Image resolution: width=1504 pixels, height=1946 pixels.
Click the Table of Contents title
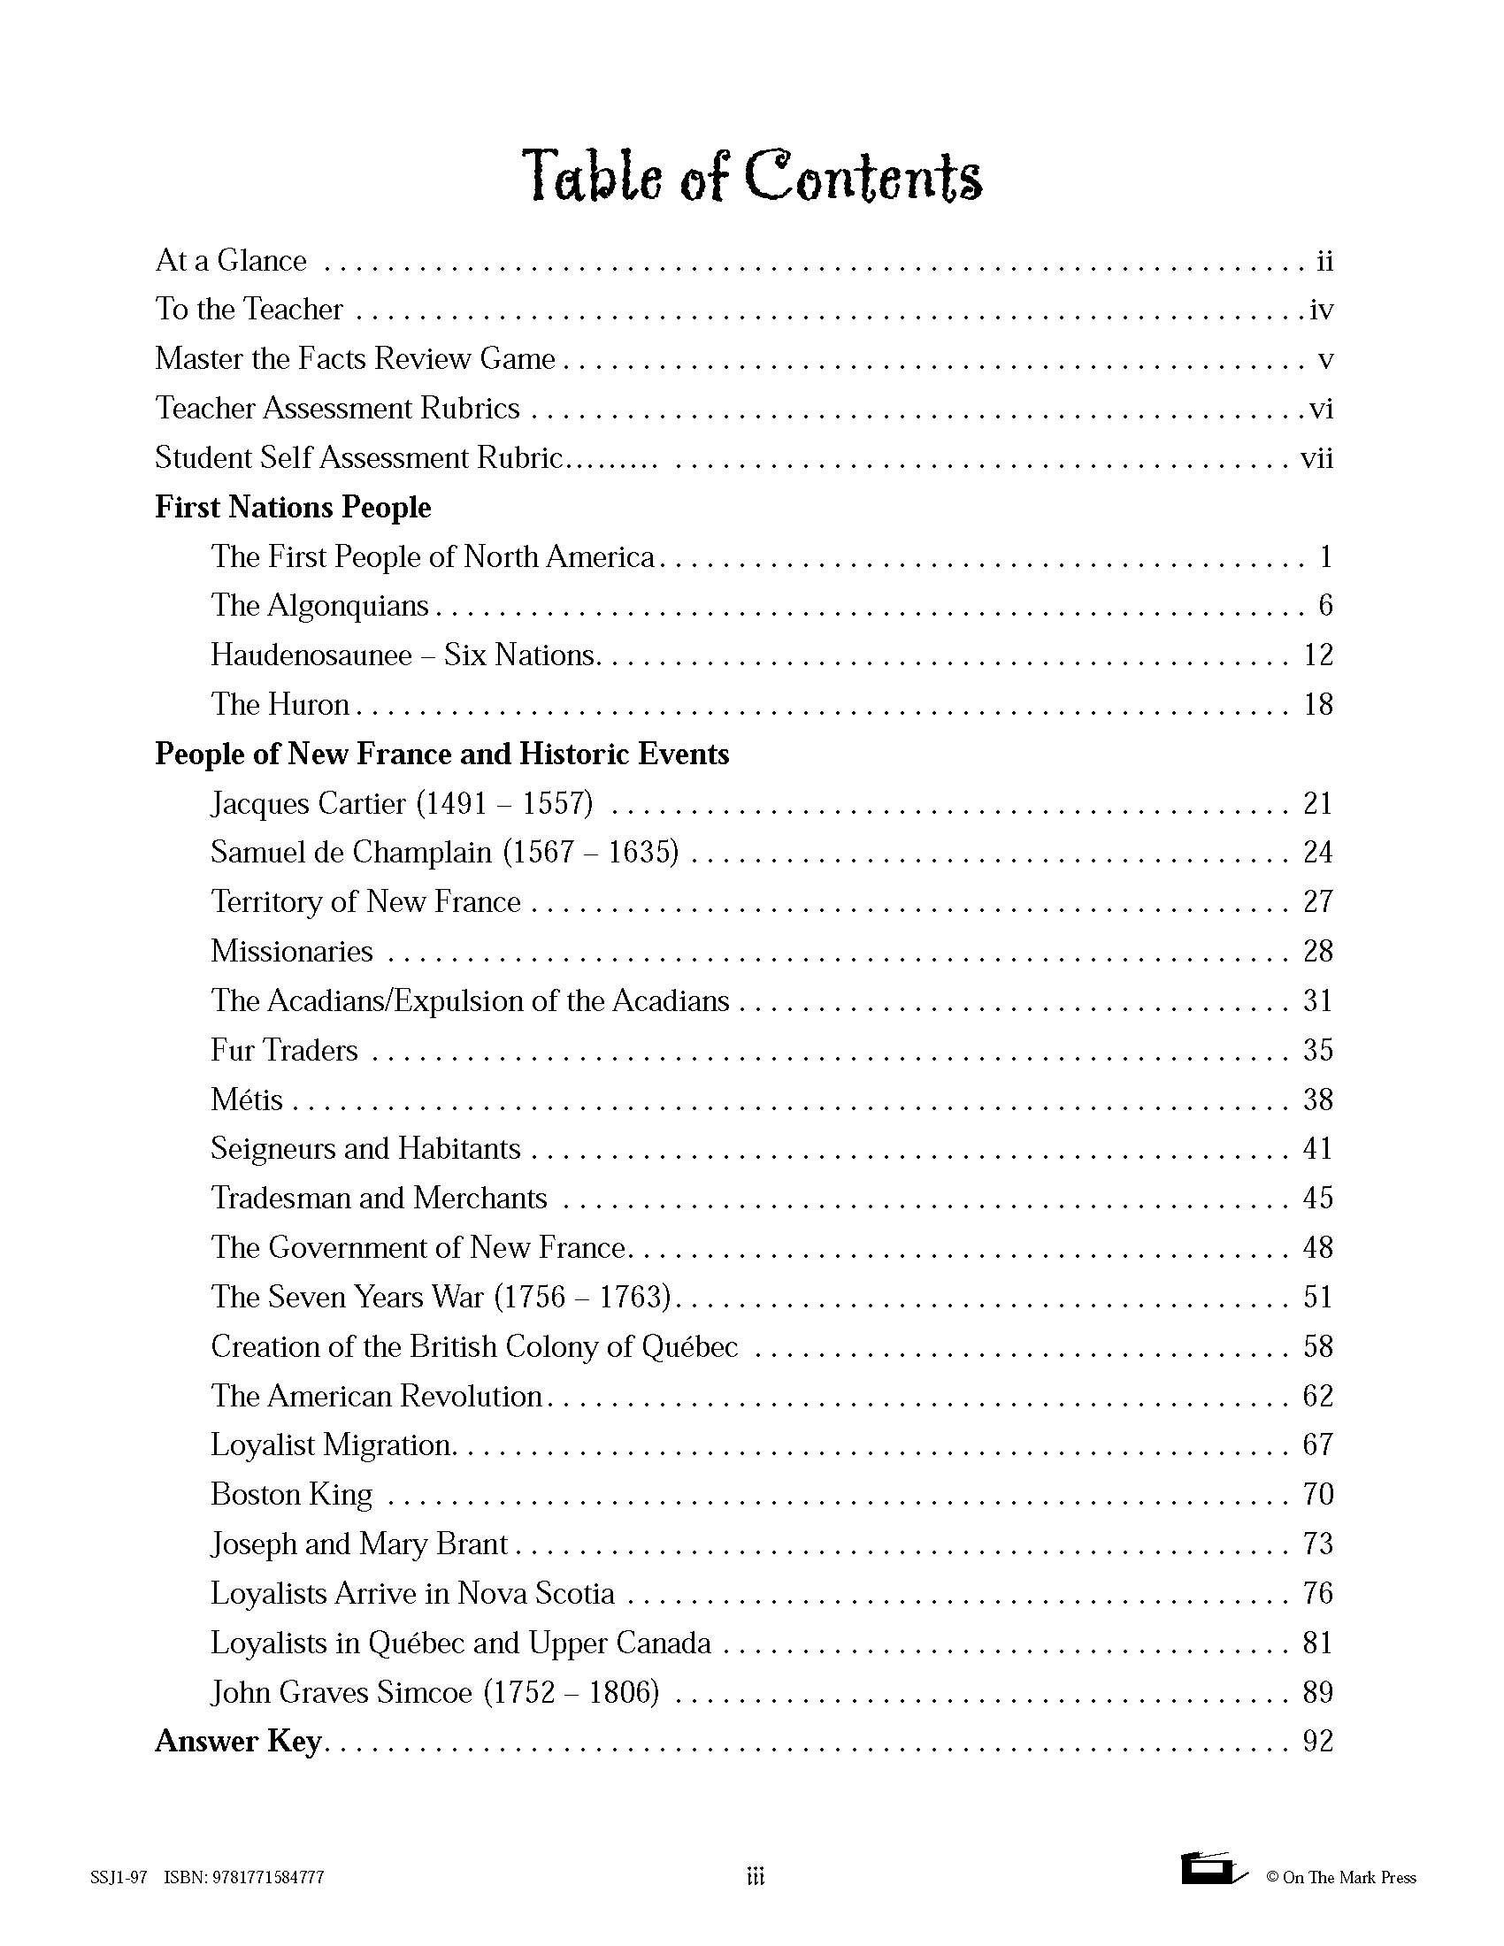pos(751,175)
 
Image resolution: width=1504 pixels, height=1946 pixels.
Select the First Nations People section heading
pos(293,507)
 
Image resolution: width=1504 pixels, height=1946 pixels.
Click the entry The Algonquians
pos(319,606)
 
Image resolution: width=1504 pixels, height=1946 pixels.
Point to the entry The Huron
pos(280,705)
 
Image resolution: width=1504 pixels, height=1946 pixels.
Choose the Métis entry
pos(247,1099)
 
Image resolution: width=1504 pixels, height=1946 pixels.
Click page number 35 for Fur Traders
pos(1317,1050)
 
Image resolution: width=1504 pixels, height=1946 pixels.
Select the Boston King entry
pos(291,1494)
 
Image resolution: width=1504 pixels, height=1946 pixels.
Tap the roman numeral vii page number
pos(1316,458)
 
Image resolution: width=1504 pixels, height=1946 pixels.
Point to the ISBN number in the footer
pos(244,1877)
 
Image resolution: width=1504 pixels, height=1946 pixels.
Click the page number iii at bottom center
pos(755,1877)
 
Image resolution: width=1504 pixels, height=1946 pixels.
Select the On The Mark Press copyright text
pos(1341,1877)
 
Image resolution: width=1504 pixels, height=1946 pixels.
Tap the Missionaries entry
pos(291,952)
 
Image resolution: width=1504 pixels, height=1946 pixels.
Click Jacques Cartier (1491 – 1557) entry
pos(401,804)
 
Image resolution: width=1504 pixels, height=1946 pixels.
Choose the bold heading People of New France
pos(442,754)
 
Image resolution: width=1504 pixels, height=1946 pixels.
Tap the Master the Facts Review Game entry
pos(355,358)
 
